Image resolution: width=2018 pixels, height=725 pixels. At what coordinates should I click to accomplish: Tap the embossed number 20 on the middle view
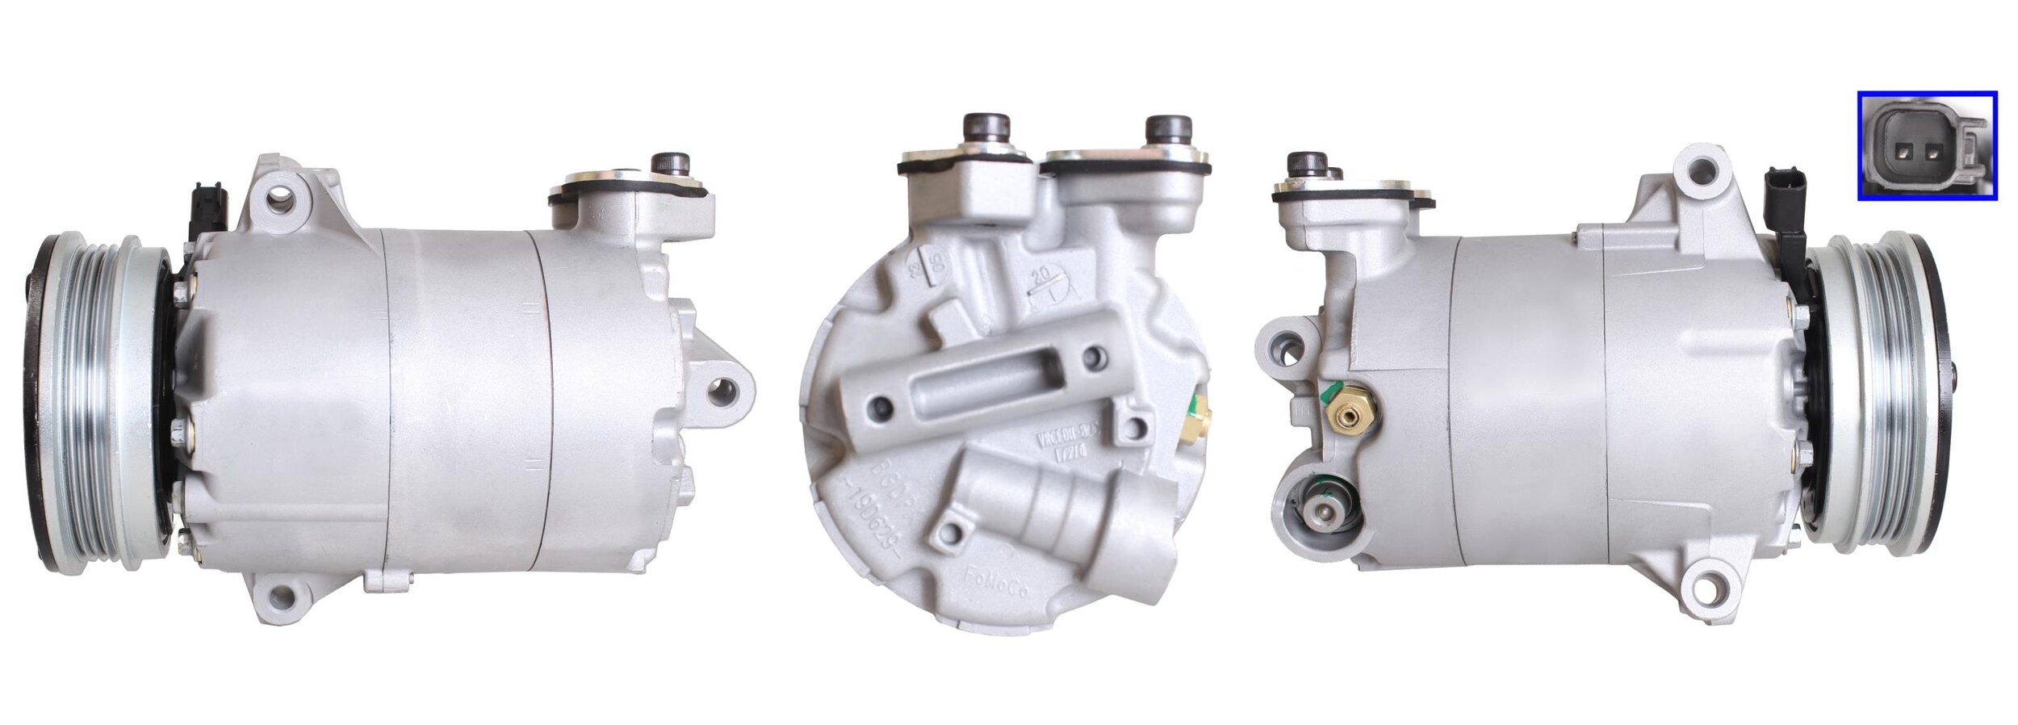1043,276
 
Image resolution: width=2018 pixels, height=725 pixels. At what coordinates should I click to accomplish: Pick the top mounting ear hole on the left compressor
280,199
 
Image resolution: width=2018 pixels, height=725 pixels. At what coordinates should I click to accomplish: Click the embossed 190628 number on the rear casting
887,524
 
